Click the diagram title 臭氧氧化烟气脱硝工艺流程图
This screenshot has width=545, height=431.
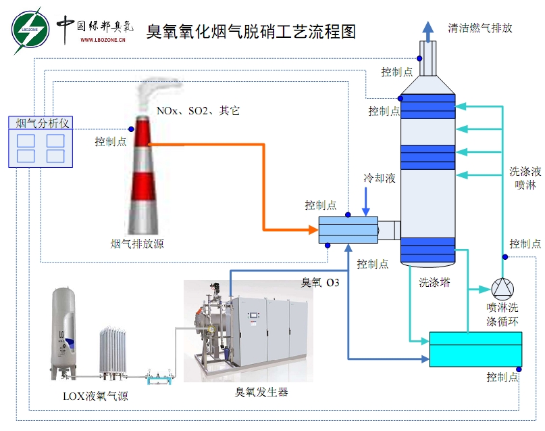(251, 31)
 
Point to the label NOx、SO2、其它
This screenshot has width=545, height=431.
(198, 110)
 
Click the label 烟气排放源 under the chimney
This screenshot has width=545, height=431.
(137, 244)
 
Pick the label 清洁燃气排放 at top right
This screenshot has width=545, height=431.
(480, 28)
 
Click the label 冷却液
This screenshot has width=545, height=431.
(380, 178)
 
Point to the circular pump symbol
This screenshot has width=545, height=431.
(502, 289)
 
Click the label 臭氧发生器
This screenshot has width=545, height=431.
(261, 391)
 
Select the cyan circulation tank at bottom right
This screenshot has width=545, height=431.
(475, 349)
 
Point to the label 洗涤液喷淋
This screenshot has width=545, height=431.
(525, 179)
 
